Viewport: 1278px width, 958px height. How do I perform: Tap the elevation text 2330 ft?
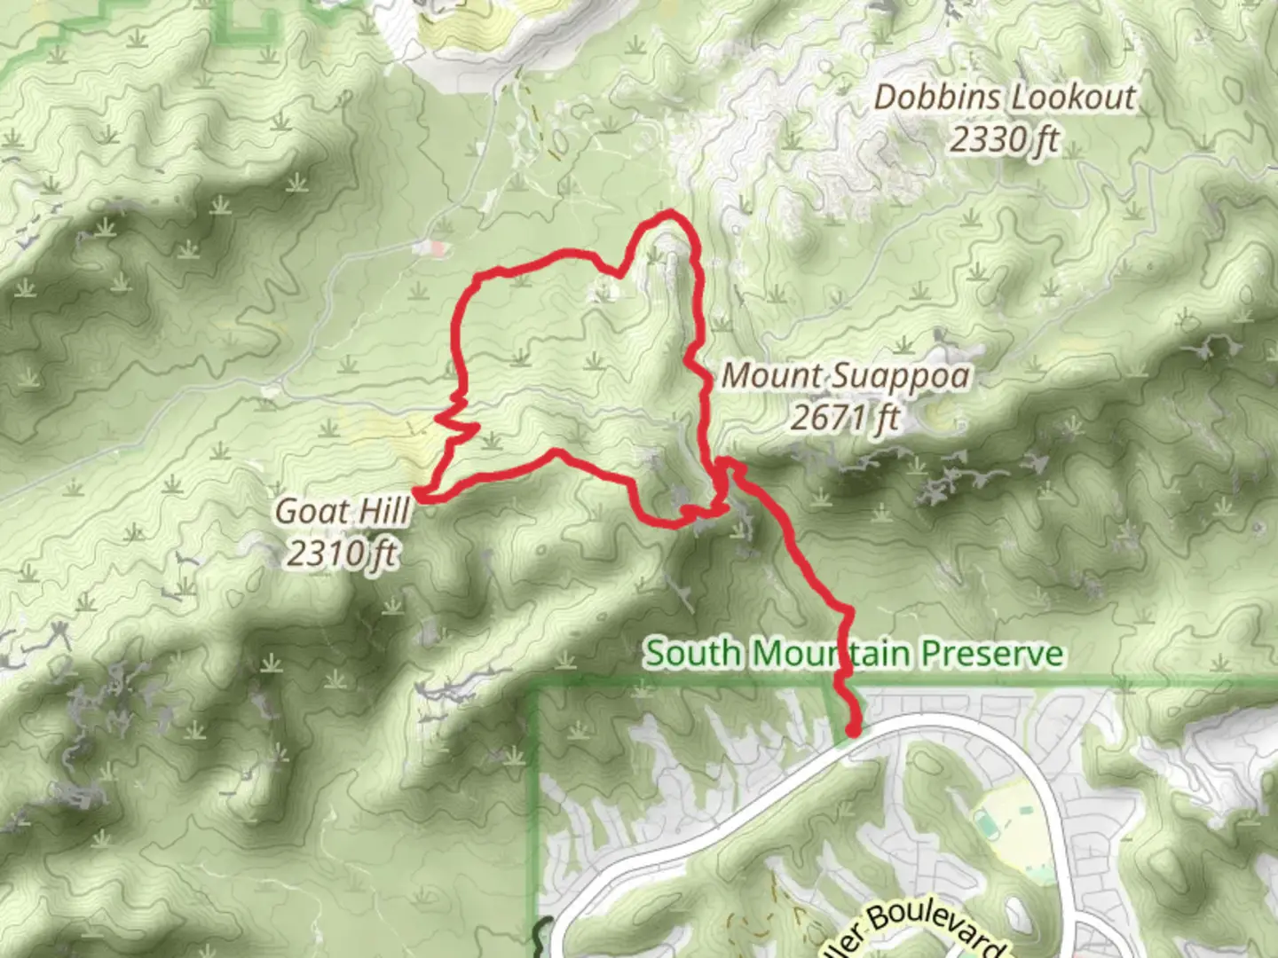pyautogui.click(x=1005, y=139)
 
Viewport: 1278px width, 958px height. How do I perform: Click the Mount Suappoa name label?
pyautogui.click(x=846, y=376)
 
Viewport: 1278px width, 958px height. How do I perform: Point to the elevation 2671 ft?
pyautogui.click(x=845, y=417)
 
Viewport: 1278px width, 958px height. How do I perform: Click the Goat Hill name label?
pyautogui.click(x=343, y=512)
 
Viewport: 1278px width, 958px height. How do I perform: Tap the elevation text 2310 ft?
pyautogui.click(x=342, y=554)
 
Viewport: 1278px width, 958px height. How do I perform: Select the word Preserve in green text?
pyautogui.click(x=991, y=654)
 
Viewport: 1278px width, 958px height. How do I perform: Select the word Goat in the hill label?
pyautogui.click(x=307, y=512)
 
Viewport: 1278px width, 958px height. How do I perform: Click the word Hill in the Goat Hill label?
pyautogui.click(x=380, y=512)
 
